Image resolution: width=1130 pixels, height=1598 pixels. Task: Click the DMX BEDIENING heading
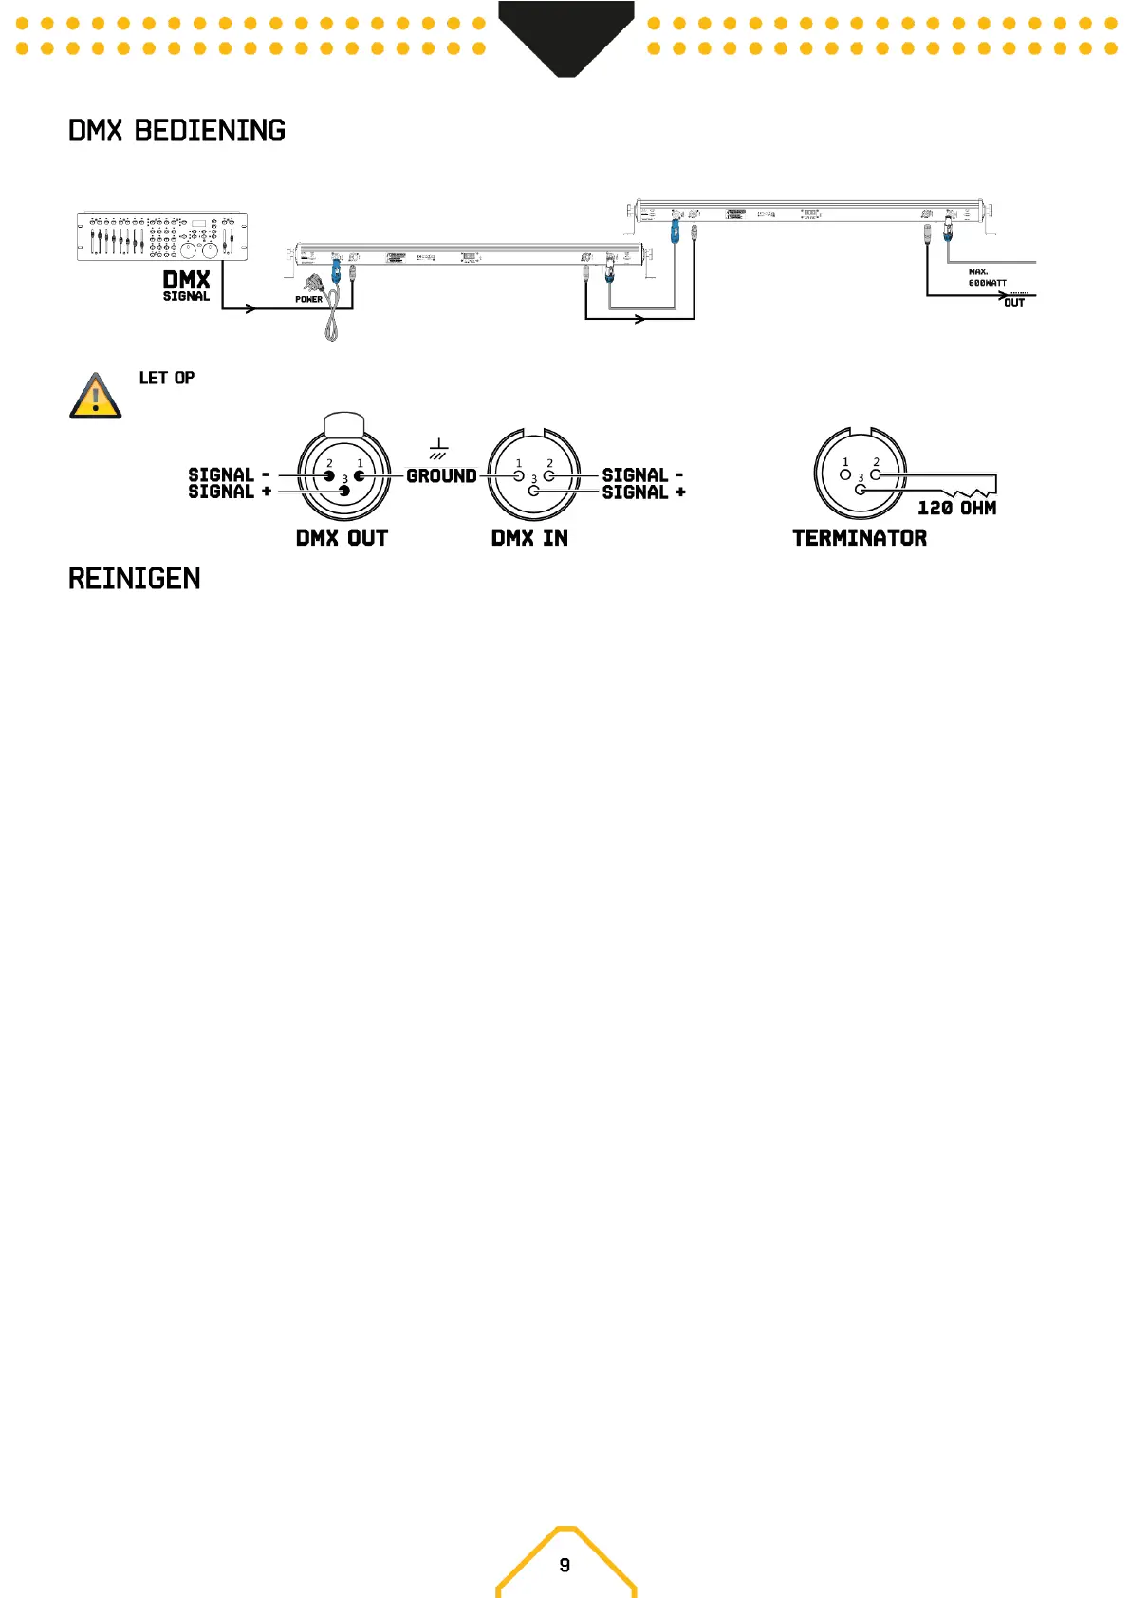tap(176, 131)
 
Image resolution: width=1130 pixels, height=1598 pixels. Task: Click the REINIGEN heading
tap(134, 579)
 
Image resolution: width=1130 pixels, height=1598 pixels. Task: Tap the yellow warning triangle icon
tap(96, 397)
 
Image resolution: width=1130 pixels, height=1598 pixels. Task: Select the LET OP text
tap(167, 378)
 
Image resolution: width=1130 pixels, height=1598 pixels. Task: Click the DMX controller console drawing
tap(161, 236)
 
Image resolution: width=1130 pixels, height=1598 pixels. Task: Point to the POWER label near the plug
tap(308, 299)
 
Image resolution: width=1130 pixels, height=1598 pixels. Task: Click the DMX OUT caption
tap(342, 538)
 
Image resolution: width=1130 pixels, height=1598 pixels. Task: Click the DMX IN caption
tap(529, 538)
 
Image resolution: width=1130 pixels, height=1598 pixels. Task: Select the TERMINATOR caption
tap(860, 538)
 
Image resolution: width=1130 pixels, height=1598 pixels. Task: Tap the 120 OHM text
tap(956, 509)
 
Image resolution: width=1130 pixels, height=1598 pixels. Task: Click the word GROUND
tap(441, 476)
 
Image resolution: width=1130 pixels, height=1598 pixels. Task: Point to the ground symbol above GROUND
tap(438, 449)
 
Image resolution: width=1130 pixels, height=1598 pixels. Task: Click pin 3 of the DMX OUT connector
tap(344, 491)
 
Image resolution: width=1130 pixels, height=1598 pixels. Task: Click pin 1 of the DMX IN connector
tap(519, 475)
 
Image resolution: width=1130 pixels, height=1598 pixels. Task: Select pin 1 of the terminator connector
tap(845, 474)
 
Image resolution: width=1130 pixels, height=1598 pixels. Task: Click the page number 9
tap(565, 1565)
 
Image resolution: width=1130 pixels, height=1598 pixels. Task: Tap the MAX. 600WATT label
tap(987, 277)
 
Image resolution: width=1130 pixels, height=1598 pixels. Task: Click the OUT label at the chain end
tap(1014, 303)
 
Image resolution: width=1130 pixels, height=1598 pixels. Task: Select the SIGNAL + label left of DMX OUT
tap(230, 492)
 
